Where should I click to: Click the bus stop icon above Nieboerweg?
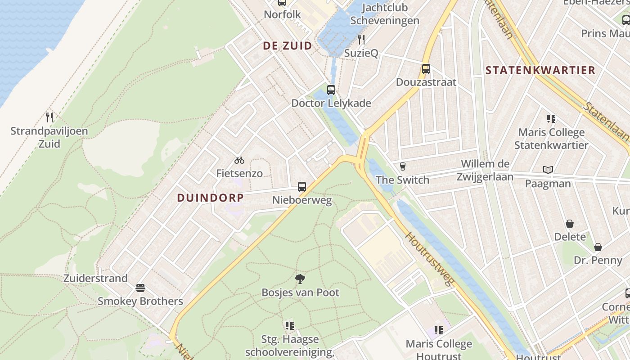[302, 186]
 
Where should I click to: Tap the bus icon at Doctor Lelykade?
[331, 90]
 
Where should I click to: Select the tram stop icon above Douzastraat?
[426, 69]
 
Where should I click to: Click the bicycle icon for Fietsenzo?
[239, 160]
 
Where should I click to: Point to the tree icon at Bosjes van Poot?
[300, 279]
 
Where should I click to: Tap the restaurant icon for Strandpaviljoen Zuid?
[49, 117]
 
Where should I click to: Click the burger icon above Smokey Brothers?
[140, 288]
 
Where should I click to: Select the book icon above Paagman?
[548, 170]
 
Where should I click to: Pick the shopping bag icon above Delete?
[570, 223]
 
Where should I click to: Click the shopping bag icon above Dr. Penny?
[598, 247]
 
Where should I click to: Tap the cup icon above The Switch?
[403, 166]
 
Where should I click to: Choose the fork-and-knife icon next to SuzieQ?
[361, 40]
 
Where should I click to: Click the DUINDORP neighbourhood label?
[210, 198]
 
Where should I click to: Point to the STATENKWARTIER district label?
[540, 70]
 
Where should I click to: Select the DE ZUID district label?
[287, 45]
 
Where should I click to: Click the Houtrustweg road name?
[430, 259]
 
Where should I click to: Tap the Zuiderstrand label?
[95, 278]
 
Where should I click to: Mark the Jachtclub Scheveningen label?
[385, 14]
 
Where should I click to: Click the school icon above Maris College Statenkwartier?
[551, 119]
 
